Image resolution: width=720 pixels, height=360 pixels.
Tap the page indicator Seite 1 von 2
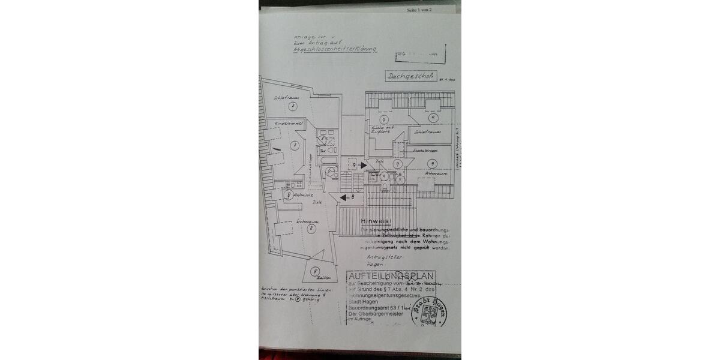[x=423, y=10]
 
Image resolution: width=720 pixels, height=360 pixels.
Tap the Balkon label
[x=316, y=279]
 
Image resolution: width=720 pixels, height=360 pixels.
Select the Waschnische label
[x=304, y=195]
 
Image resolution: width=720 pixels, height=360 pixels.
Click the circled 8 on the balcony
[x=315, y=271]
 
